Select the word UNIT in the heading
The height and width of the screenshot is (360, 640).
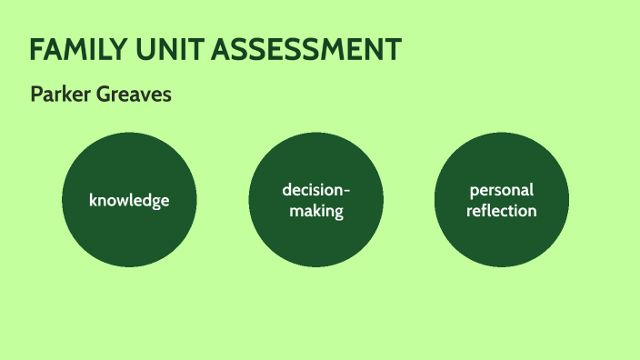pos(167,51)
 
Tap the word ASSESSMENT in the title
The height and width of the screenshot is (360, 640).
pos(305,51)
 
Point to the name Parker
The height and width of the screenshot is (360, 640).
pos(57,95)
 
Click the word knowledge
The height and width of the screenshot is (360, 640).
pos(129,200)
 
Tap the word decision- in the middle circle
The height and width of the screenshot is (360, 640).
pos(315,190)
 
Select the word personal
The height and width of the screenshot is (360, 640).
pos(502,191)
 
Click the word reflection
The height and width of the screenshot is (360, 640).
pos(502,211)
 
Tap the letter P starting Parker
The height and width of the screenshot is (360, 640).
pos(35,95)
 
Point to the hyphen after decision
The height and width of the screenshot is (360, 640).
pos(345,191)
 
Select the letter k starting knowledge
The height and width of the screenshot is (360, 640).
pos(93,199)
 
